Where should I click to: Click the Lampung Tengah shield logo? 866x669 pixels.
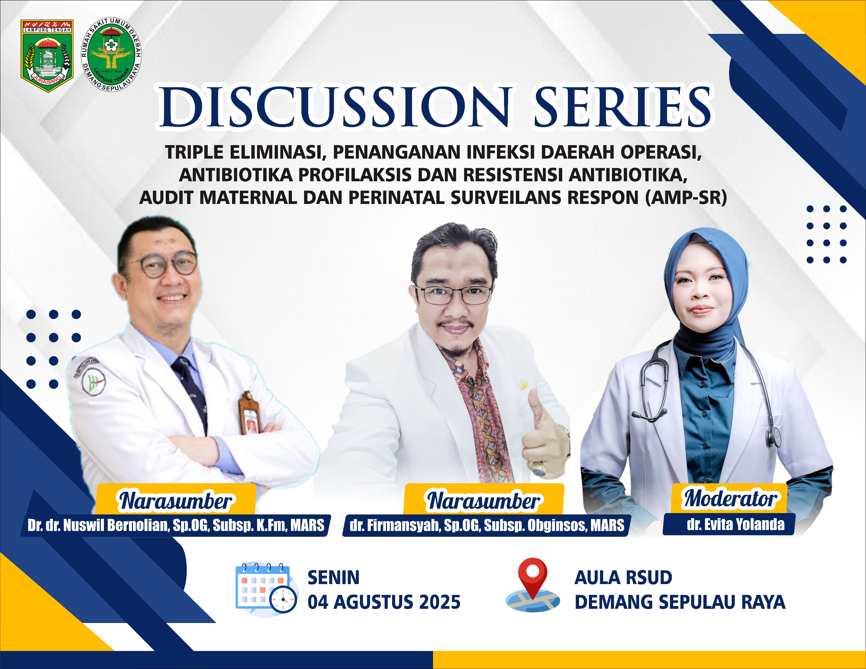point(47,55)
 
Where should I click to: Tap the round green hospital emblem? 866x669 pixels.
point(111,54)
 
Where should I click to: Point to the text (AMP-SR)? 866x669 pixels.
point(686,197)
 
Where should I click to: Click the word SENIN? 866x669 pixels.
point(334,577)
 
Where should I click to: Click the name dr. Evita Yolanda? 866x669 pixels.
point(735,525)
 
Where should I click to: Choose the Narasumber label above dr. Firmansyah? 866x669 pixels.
point(483,501)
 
